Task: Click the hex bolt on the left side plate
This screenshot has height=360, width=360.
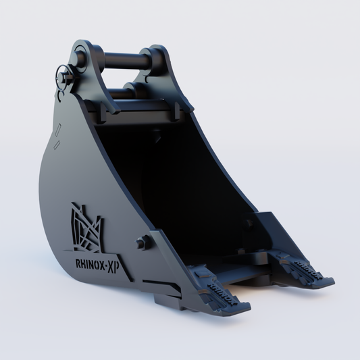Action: (141, 243)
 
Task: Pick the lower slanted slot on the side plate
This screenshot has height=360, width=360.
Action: (57, 145)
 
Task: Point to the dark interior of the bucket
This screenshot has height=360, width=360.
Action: (182, 182)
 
